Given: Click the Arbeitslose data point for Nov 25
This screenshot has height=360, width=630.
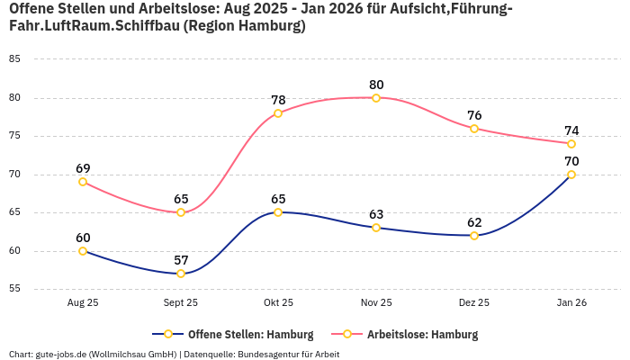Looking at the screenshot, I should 376,97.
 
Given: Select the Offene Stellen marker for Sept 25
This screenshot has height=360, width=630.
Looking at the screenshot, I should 181,274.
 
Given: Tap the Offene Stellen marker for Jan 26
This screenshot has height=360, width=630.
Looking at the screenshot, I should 571,175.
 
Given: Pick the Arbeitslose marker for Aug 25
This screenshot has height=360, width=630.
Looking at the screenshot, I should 83,182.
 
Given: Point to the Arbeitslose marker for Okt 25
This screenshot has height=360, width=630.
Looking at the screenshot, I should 278,113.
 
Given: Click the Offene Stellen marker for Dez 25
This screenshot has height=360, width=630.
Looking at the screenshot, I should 474,236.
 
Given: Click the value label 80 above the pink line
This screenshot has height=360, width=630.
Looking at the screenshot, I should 376,85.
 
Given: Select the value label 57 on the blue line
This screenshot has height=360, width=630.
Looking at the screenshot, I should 181,260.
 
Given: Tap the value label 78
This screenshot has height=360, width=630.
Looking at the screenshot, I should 278,100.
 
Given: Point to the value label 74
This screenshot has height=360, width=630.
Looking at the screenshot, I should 571,130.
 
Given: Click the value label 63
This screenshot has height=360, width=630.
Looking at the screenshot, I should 376,214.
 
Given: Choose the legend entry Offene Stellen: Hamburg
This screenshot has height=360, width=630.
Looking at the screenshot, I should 232,335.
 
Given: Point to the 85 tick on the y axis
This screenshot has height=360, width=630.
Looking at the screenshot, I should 14,59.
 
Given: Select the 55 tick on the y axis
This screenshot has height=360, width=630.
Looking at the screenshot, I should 14,289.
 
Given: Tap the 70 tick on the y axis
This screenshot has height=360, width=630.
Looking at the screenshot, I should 14,175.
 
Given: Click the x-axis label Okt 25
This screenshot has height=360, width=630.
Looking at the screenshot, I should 278,303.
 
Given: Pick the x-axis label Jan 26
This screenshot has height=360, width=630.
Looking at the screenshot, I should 571,303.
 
